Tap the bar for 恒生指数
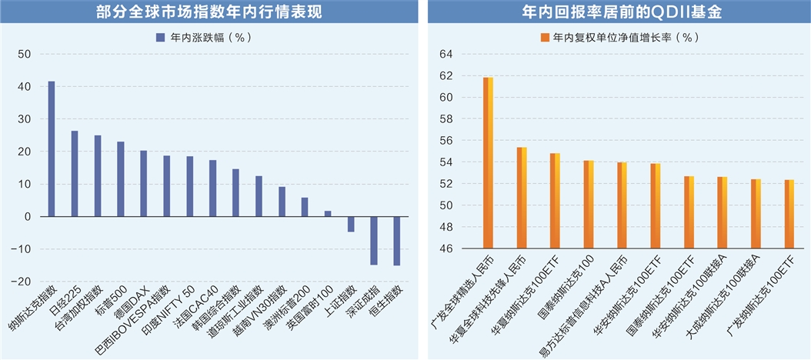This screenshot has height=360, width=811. tap(397, 241)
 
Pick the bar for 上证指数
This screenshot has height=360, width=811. tap(351, 224)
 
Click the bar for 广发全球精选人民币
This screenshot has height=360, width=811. tap(488, 163)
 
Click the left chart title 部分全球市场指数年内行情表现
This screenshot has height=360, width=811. tap(203, 11)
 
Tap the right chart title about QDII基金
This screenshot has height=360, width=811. tap(619, 11)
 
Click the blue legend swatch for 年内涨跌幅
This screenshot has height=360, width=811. tap(160, 37)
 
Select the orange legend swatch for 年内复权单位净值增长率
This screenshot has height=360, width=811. tap(545, 37)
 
